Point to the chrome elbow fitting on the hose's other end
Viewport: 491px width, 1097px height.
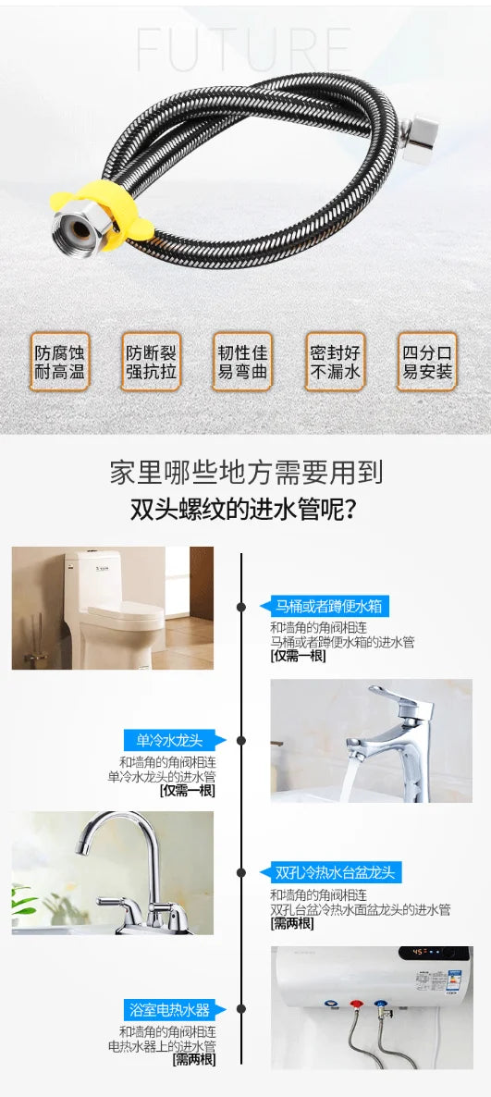419,140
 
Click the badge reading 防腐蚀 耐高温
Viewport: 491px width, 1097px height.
60,361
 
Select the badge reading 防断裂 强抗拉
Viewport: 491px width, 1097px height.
152,361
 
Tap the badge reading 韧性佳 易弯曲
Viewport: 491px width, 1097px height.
243,361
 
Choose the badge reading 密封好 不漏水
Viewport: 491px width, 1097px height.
335,361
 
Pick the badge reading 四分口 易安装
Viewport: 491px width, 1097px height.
427,361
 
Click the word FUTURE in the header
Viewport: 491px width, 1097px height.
244,50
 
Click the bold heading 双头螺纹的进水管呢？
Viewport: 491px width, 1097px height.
246,509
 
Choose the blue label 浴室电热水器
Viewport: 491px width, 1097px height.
174,1009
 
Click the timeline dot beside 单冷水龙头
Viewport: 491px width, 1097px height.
241,740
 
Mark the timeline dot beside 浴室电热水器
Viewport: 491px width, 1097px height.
241,1009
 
